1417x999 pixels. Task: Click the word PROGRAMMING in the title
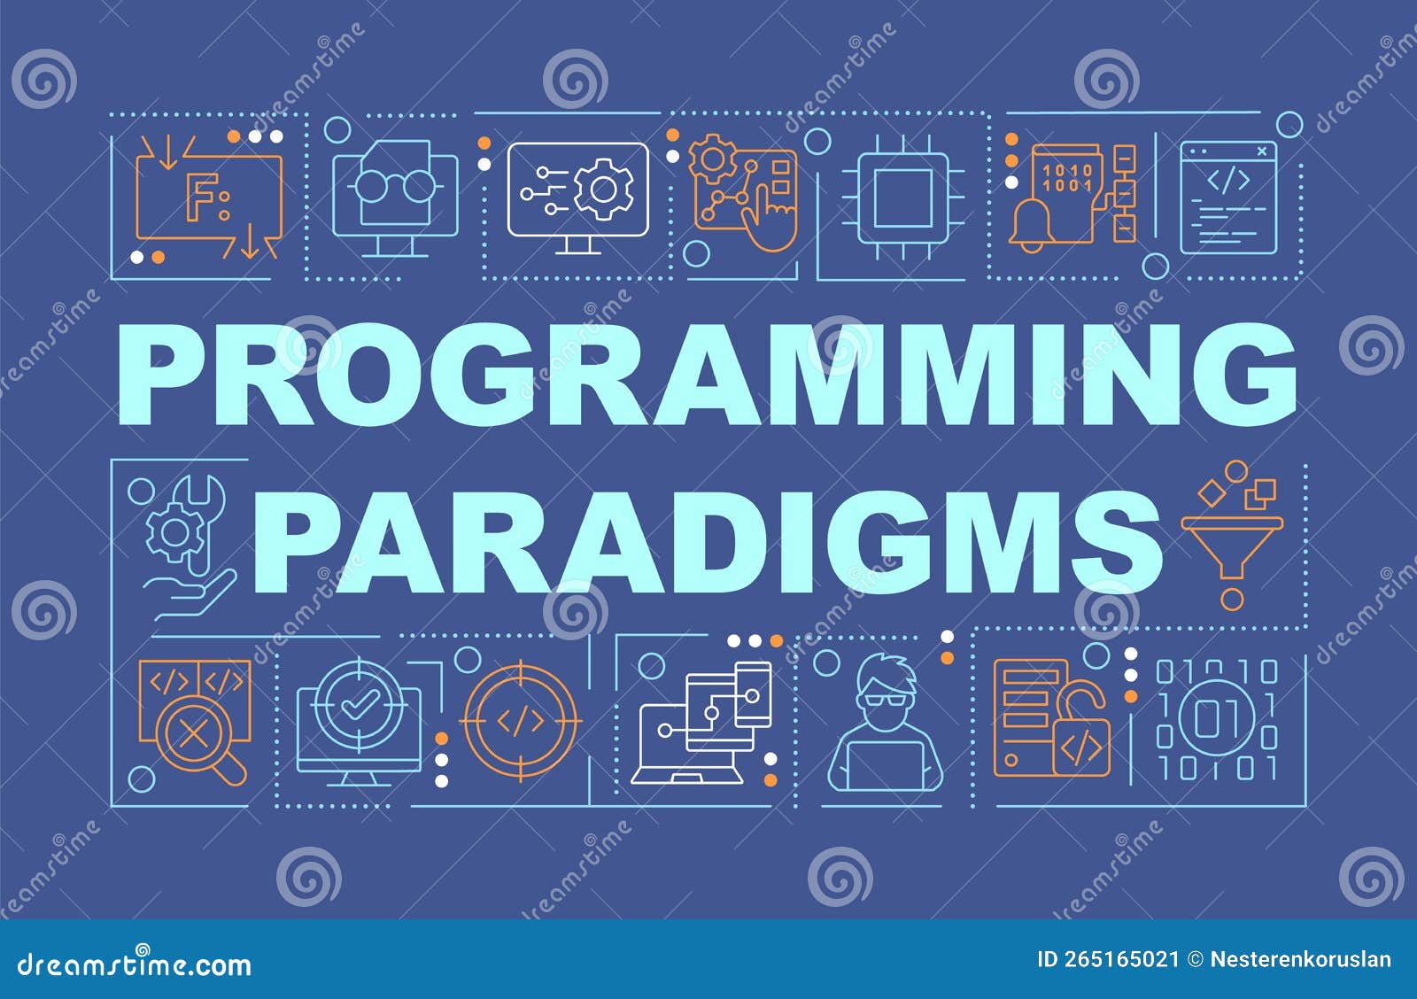click(708, 375)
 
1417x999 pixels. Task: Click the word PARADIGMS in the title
click(708, 541)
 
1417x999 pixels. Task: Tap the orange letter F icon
click(201, 195)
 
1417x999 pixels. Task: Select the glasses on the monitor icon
click(395, 186)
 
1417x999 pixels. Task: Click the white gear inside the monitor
click(603, 190)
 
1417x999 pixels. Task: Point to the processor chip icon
click(902, 198)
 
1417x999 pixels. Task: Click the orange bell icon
click(1031, 225)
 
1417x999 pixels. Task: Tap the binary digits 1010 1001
click(1068, 178)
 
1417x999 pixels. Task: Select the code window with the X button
click(1227, 198)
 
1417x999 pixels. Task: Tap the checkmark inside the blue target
click(359, 701)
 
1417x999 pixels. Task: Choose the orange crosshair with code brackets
click(520, 721)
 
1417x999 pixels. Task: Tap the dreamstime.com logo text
click(134, 964)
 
